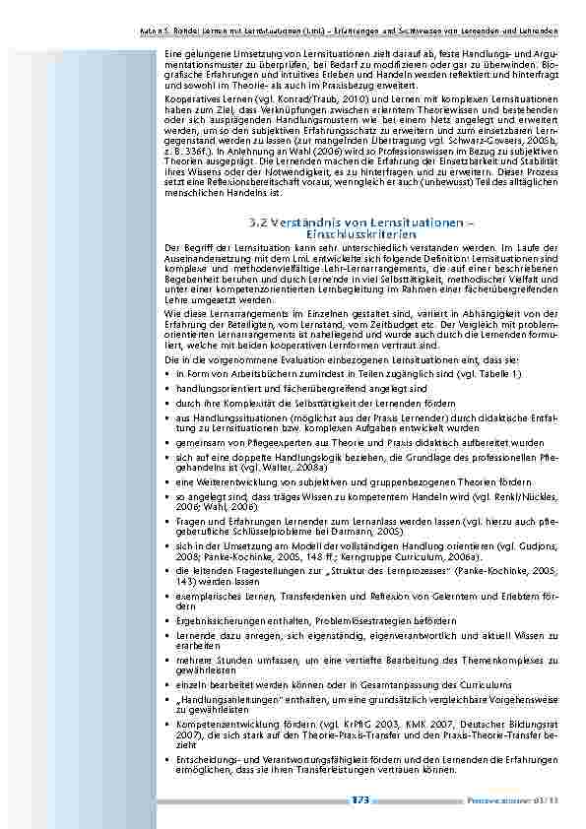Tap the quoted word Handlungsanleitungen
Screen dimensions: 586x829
point(220,699)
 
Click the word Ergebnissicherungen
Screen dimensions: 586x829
point(218,621)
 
